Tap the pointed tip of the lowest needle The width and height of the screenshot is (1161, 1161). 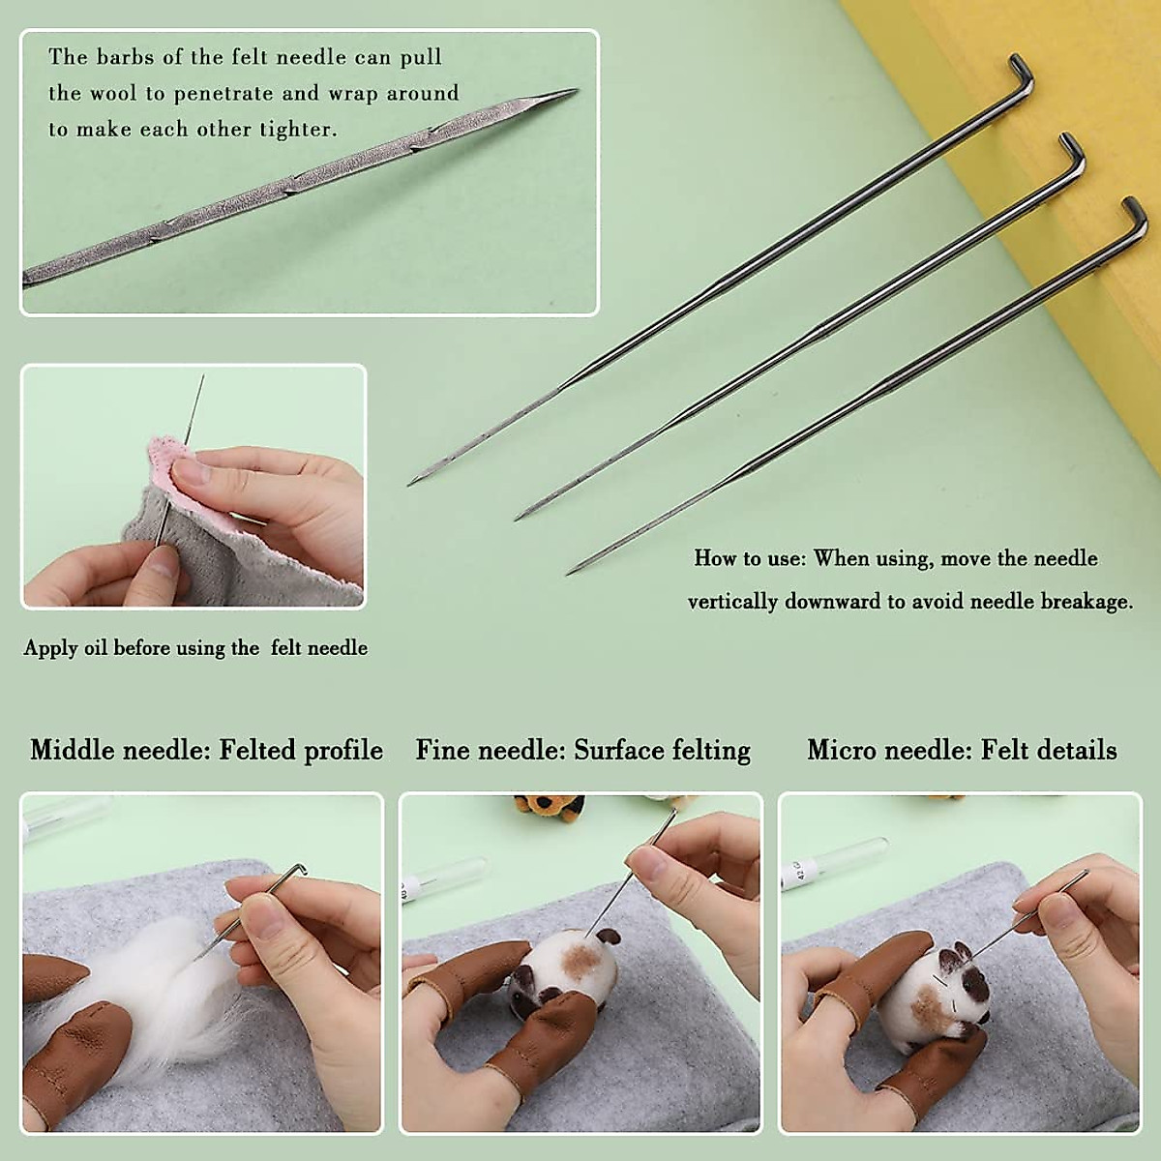point(570,573)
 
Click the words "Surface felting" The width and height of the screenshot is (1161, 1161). point(662,750)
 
